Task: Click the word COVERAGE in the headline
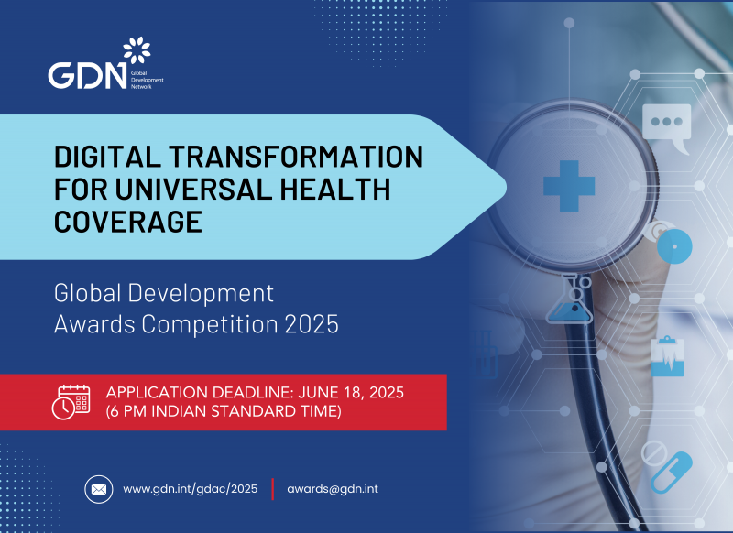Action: (x=128, y=223)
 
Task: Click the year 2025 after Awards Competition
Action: (x=313, y=325)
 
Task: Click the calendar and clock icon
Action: (x=71, y=402)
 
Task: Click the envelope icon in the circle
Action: (x=99, y=489)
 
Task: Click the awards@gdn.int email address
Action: (x=333, y=489)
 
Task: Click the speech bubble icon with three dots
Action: (x=666, y=123)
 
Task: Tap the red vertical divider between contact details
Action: (x=272, y=489)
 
